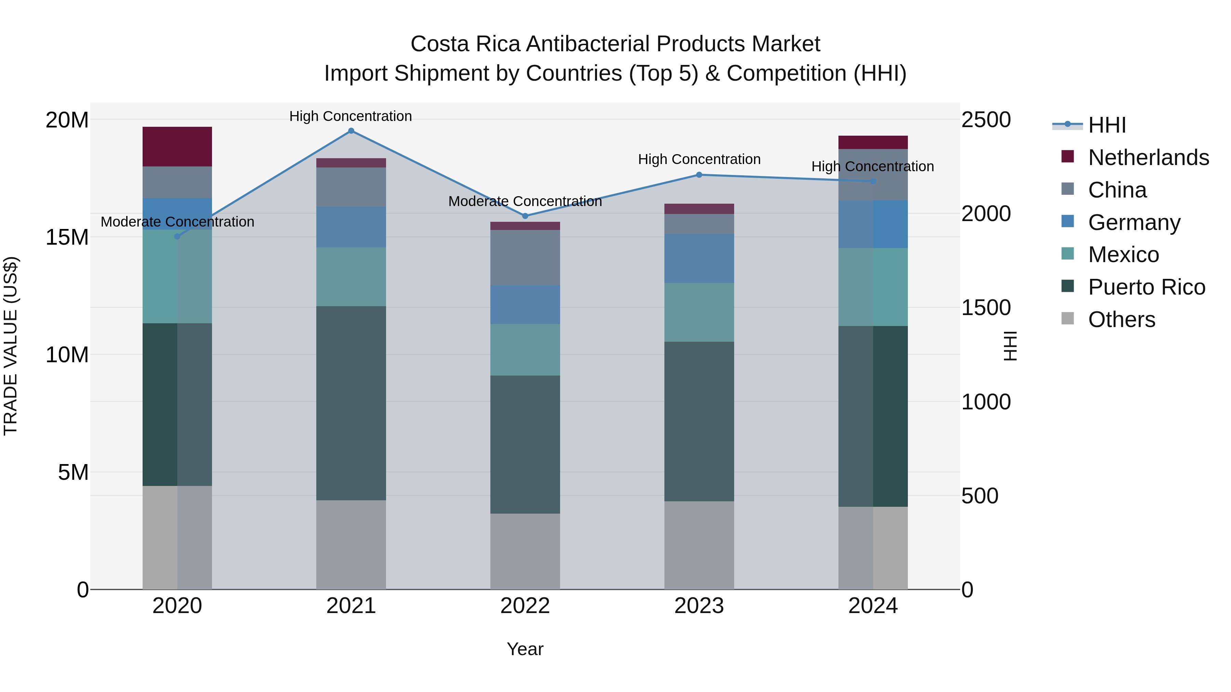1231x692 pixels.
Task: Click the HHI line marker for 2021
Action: pyautogui.click(x=351, y=131)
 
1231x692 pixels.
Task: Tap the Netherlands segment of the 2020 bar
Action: pyautogui.click(x=177, y=147)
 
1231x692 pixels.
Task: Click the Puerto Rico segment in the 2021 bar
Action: pyautogui.click(x=351, y=404)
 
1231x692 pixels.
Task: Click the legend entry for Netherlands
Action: pyautogui.click(x=1148, y=158)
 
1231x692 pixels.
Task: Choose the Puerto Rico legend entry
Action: pyautogui.click(x=1147, y=287)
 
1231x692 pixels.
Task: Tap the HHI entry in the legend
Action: pyautogui.click(x=1107, y=125)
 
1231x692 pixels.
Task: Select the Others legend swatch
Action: pyautogui.click(x=1067, y=318)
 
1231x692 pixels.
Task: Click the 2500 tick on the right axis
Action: pyautogui.click(x=986, y=120)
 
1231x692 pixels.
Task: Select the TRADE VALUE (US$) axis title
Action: pyautogui.click(x=11, y=346)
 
